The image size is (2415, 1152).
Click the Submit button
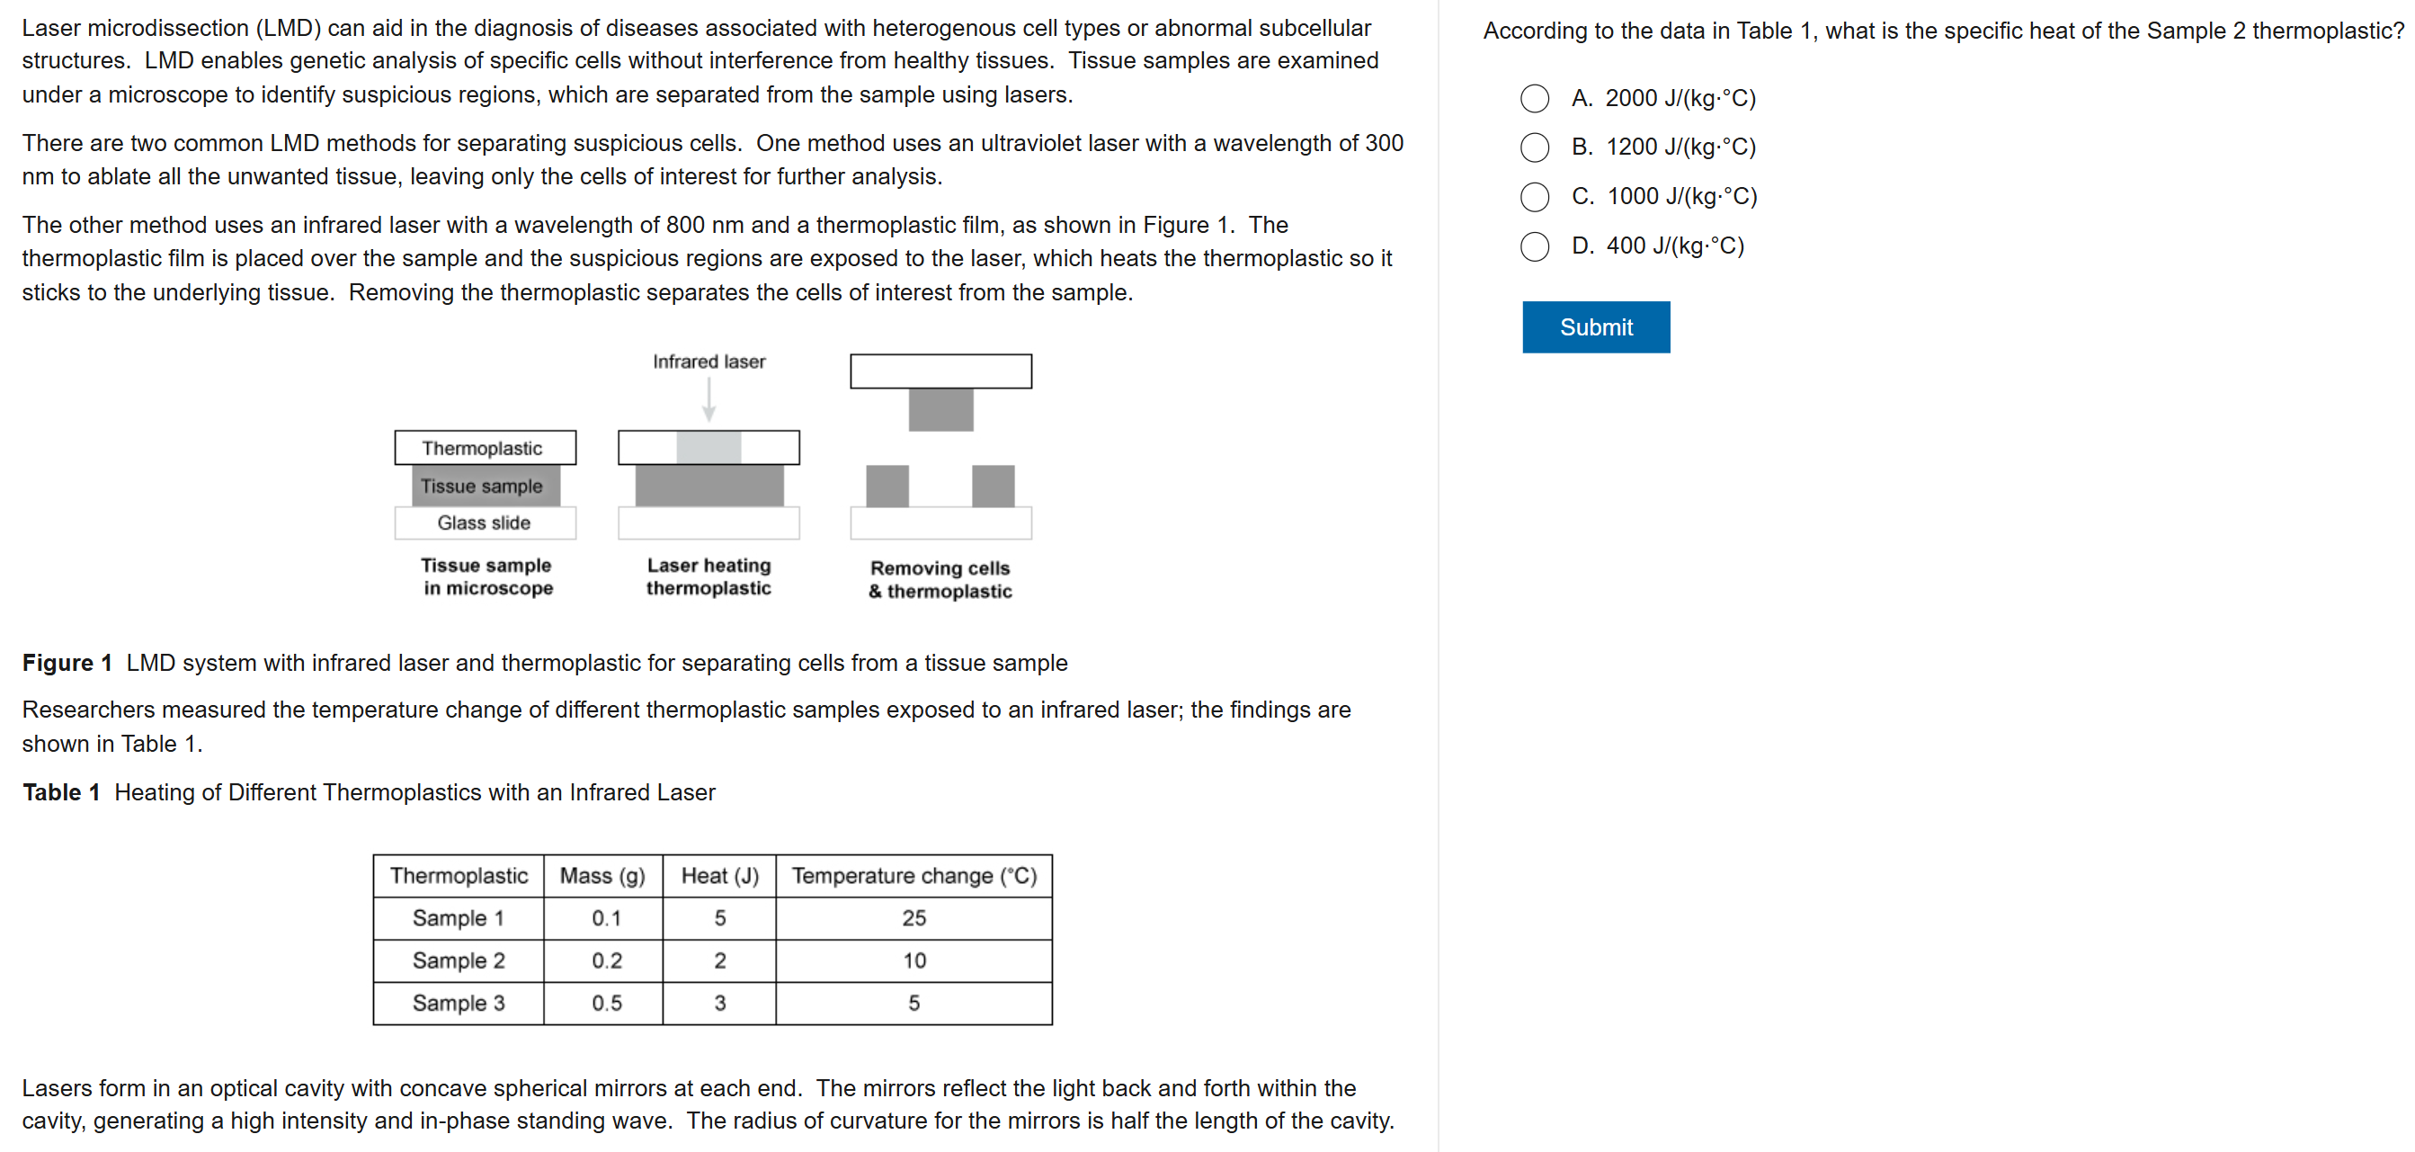1595,327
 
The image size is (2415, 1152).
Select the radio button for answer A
1534,98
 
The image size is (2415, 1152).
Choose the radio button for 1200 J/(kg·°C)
1534,147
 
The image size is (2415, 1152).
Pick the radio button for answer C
1534,197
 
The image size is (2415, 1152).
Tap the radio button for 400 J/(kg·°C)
1534,246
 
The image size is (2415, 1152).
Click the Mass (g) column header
602,876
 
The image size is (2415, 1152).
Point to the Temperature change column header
913,876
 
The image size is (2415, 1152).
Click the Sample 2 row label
459,960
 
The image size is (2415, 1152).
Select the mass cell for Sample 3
606,1003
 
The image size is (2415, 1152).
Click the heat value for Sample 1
719,918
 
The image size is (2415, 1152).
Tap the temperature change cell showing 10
913,960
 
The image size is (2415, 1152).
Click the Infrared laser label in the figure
708,362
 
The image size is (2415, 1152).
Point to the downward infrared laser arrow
708,400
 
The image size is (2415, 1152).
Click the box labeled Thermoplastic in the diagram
485,448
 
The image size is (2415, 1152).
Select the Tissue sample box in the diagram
485,487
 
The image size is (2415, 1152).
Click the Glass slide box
485,523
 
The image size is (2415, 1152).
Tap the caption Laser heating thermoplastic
708,576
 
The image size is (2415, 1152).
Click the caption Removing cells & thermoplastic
940,579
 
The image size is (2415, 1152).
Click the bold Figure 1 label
67,663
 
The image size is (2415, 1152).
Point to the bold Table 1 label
61,792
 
